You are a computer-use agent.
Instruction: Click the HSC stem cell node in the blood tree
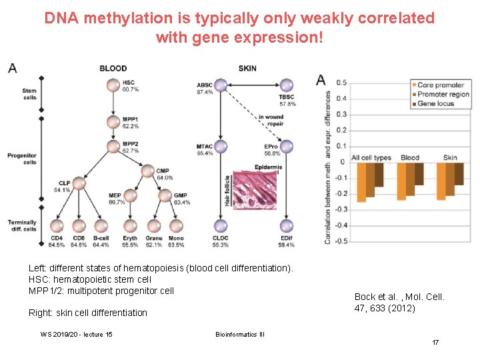[x=112, y=85]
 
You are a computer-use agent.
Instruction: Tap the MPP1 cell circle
[x=112, y=121]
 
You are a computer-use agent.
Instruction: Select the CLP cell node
[x=79, y=183]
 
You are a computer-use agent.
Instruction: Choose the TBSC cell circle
[x=287, y=85]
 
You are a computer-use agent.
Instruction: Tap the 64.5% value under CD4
[x=56, y=245]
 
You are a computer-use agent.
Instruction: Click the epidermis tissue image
[x=257, y=189]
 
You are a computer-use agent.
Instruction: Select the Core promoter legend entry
[x=440, y=85]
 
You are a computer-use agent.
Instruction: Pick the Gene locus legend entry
[x=436, y=103]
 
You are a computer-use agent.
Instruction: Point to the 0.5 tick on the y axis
[x=341, y=83]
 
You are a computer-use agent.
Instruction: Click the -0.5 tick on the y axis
[x=340, y=241]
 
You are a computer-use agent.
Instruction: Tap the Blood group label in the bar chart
[x=410, y=158]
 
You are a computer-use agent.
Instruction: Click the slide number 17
[x=435, y=342]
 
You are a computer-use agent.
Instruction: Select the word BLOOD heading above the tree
[x=113, y=68]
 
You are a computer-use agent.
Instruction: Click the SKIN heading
[x=247, y=68]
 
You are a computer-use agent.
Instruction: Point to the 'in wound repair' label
[x=271, y=121]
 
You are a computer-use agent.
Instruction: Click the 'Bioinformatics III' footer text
[x=240, y=334]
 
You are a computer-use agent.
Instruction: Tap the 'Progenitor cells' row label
[x=22, y=159]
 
